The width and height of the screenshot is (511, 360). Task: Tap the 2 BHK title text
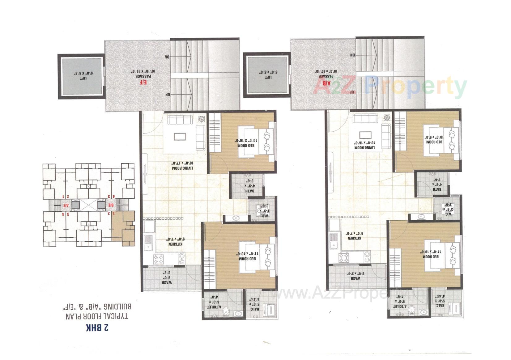(x=97, y=328)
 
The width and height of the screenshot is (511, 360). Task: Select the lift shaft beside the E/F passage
(x=82, y=77)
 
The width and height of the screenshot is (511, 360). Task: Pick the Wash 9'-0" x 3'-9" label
(x=351, y=276)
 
